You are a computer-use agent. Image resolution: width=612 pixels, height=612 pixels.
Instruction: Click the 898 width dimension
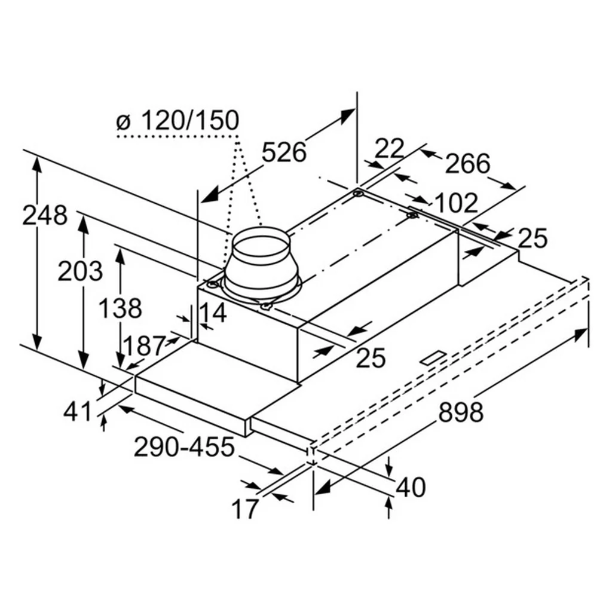pos(461,412)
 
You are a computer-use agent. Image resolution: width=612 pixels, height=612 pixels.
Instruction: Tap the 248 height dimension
pos(44,215)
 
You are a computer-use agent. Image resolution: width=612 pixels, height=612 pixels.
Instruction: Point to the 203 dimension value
pos(80,271)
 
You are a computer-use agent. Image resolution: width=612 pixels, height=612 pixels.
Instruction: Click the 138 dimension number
pos(120,308)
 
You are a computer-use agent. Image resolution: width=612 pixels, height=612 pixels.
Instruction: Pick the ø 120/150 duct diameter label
pos(178,120)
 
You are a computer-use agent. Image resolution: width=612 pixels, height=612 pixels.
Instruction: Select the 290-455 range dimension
pos(184,447)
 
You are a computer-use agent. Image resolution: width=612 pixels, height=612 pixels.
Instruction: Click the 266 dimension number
pos(467,164)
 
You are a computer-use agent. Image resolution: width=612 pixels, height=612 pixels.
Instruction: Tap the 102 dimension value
pos(455,203)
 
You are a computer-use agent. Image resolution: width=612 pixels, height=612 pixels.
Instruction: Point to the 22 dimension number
pos(389,148)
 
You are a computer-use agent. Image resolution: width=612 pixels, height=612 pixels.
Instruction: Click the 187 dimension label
pos(144,346)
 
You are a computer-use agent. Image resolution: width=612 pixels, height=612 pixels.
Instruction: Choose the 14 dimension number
pos(213,313)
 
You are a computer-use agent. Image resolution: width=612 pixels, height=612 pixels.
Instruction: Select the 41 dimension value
pos(77,412)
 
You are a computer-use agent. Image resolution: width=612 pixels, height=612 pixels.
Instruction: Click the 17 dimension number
pos(245,509)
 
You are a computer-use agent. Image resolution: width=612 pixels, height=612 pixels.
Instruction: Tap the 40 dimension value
pos(411,488)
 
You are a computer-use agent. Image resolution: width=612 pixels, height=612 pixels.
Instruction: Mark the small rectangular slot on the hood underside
pos(434,358)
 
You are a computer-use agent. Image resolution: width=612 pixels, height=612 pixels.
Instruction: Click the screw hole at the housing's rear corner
pos(358,192)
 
